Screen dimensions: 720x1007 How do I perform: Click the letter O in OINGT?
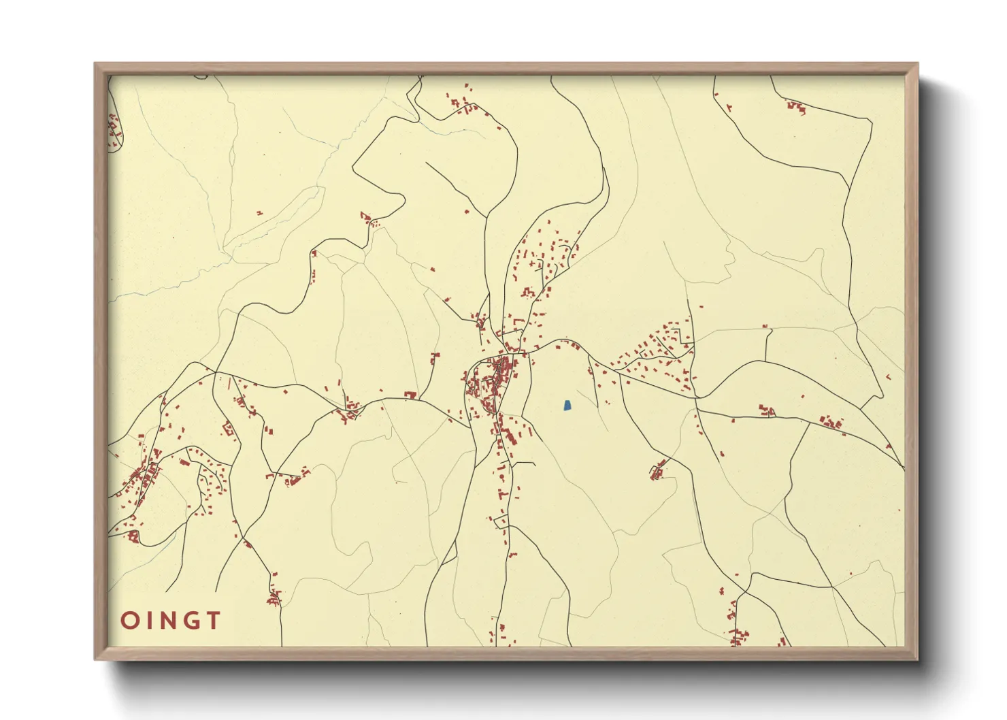tap(129, 621)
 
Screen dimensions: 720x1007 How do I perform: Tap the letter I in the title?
tap(151, 621)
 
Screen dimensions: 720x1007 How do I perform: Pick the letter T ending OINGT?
tap(214, 621)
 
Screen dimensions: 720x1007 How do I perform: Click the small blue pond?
tap(567, 406)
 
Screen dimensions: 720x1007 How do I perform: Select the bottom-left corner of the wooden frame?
tap(96, 658)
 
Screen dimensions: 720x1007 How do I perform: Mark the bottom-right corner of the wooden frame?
tap(917, 658)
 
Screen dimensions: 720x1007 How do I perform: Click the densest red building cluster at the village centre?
tap(493, 381)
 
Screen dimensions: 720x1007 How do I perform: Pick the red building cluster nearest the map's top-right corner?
tap(795, 107)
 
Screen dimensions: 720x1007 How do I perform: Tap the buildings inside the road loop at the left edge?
tap(114, 129)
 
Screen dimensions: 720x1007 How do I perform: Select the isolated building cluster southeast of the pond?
tap(659, 470)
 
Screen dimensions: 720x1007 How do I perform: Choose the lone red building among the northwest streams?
tap(259, 213)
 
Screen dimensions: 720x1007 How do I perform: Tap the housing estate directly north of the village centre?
tap(544, 262)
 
